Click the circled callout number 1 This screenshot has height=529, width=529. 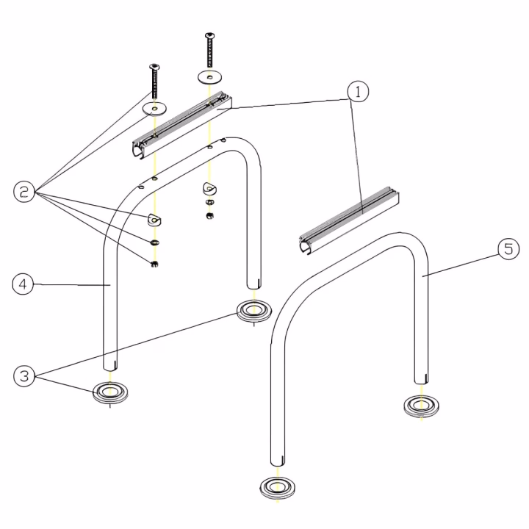(358, 91)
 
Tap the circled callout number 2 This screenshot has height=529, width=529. (24, 192)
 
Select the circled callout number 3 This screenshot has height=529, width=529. (24, 376)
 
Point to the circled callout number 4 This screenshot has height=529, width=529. (23, 284)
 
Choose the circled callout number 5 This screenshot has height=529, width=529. (508, 249)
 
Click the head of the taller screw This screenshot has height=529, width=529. (210, 35)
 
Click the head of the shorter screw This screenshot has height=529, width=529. (154, 66)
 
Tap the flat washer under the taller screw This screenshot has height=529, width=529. (210, 77)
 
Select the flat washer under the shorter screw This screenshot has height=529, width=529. (154, 109)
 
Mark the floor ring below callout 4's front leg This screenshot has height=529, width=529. (110, 392)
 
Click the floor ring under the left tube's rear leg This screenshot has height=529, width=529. (254, 310)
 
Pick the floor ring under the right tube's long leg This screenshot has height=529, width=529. (278, 488)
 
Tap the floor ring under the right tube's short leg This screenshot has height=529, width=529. (422, 406)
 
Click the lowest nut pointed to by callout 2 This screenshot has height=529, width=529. (154, 264)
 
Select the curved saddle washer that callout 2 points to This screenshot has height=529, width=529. (154, 220)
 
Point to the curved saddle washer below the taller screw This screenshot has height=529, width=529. (209, 188)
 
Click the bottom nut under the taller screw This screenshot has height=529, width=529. (210, 216)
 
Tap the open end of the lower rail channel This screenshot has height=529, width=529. (306, 246)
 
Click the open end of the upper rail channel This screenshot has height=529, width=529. (139, 150)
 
